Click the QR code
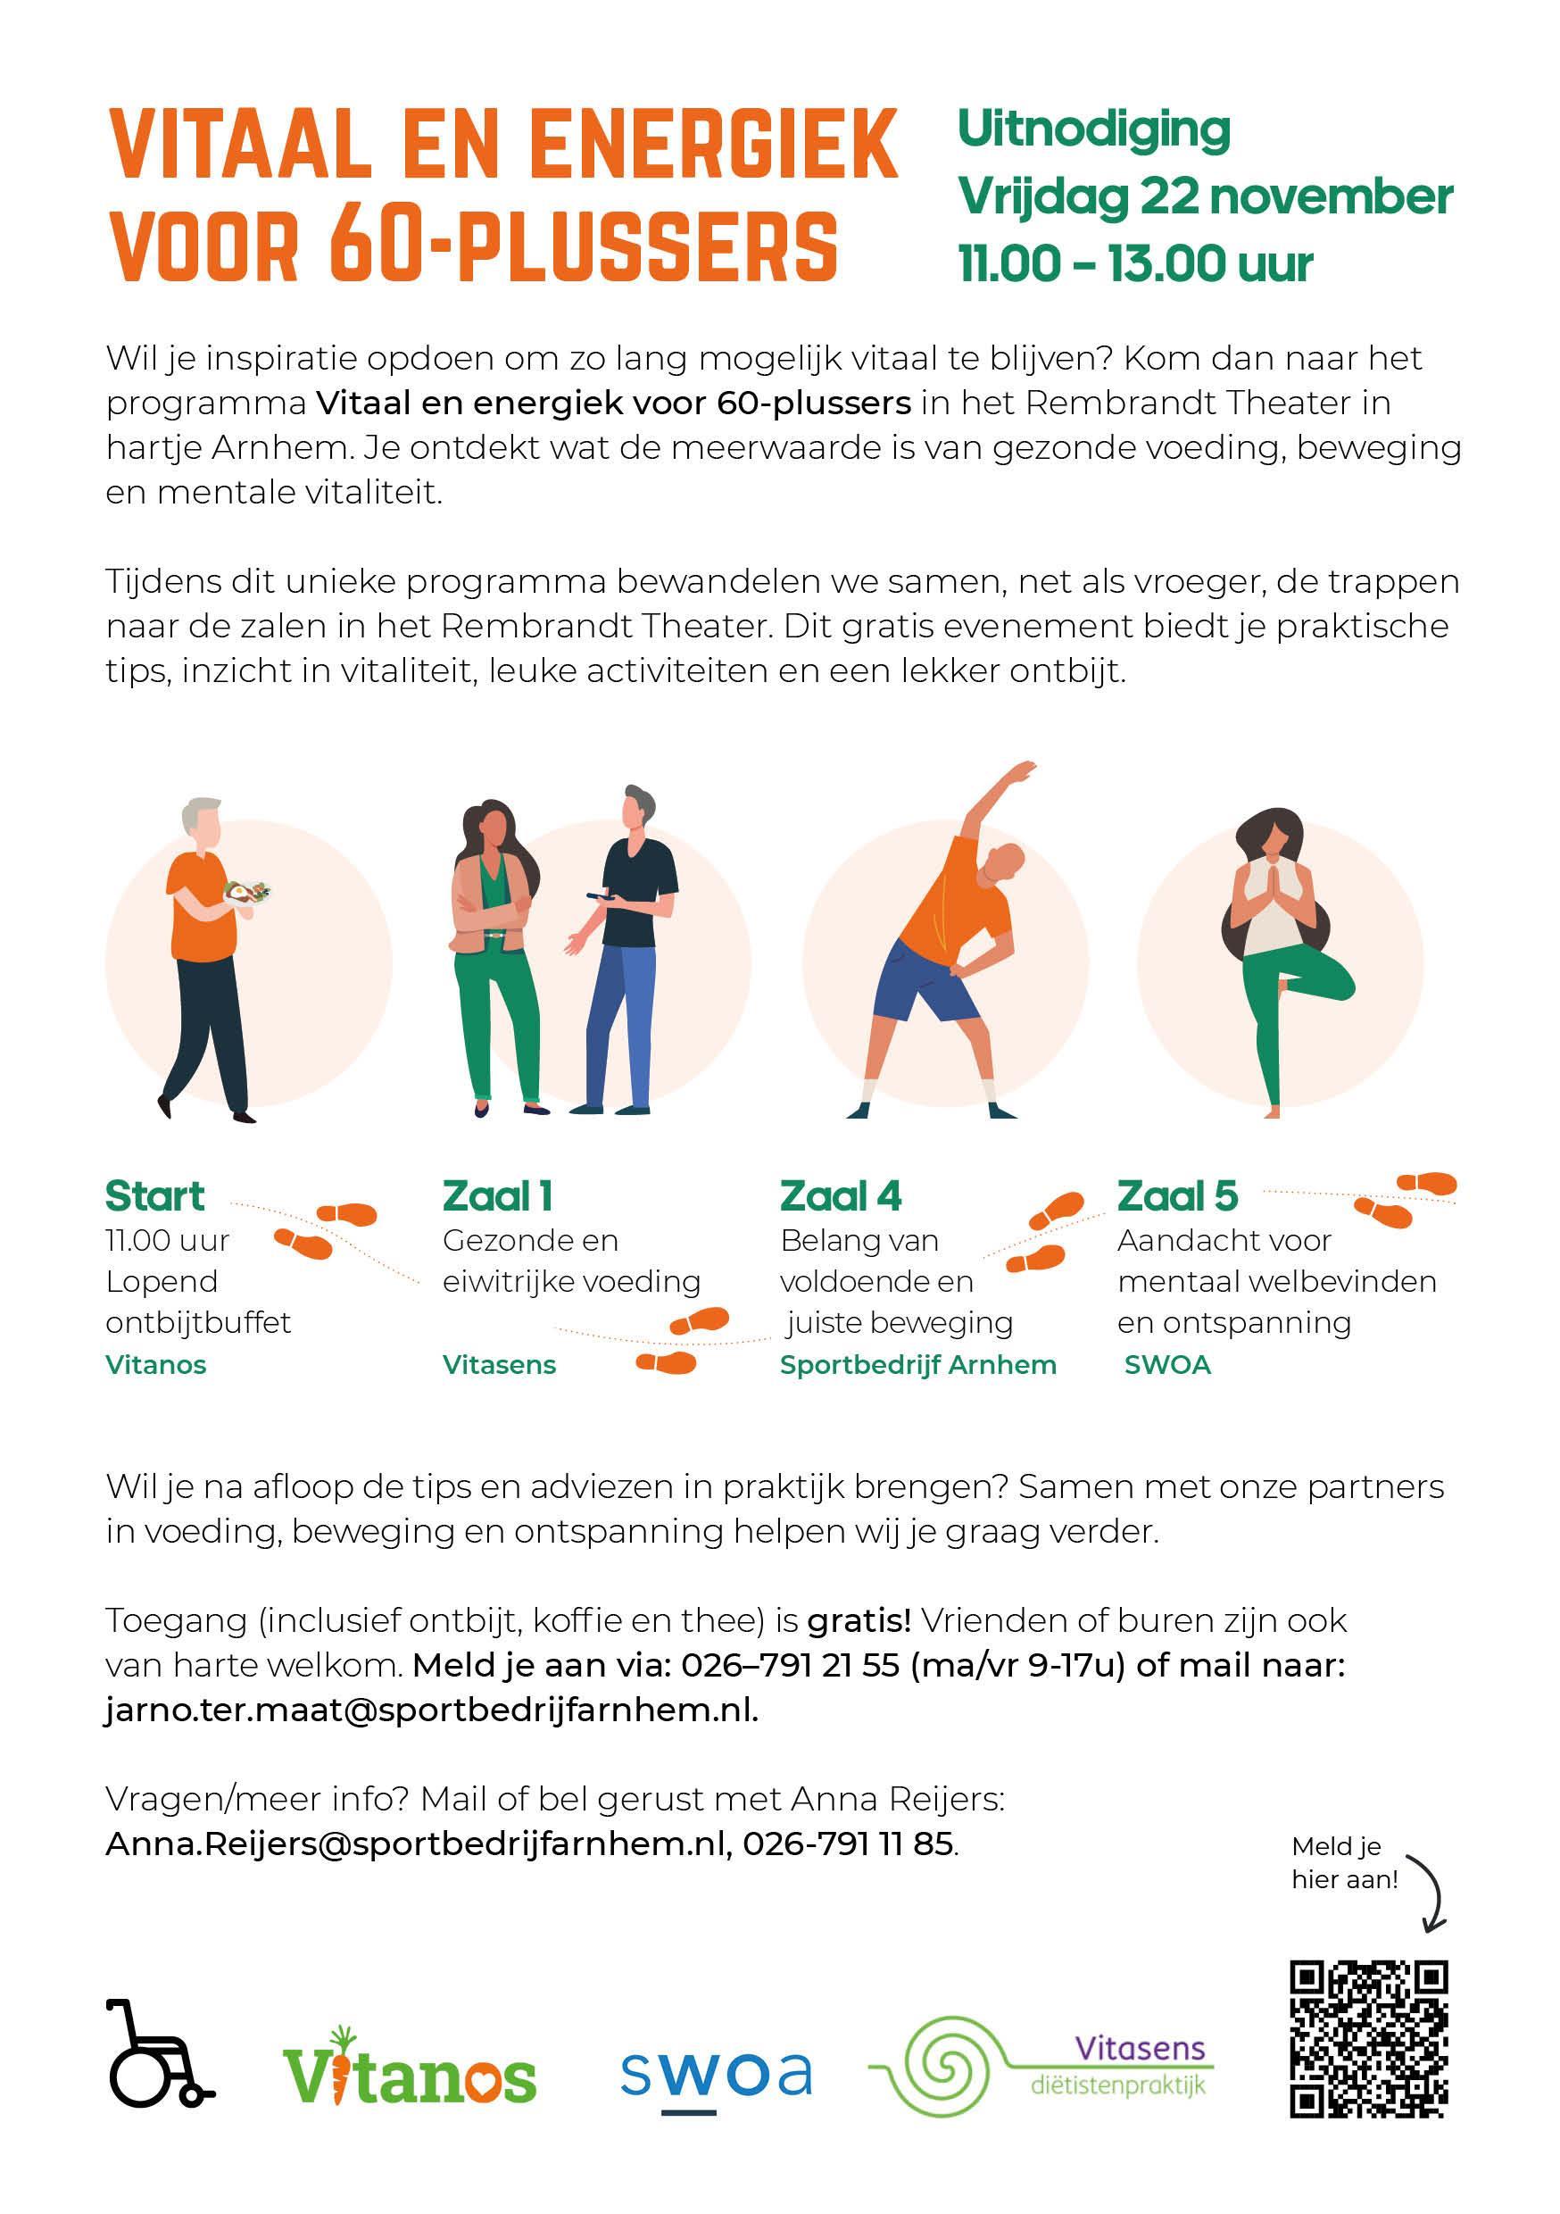[1368, 2038]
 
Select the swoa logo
[716, 2073]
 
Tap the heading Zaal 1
[497, 1195]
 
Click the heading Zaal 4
[841, 1195]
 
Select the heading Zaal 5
[1177, 1195]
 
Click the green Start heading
[155, 1195]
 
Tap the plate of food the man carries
[248, 893]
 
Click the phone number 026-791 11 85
[849, 1843]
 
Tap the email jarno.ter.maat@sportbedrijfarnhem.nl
[432, 1709]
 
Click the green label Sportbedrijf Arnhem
[917, 1364]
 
